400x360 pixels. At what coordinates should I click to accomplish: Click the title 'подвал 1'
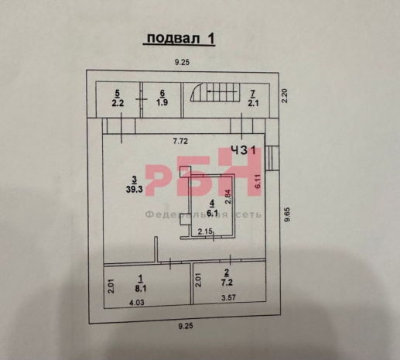point(179,39)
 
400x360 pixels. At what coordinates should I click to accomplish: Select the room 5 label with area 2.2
point(118,98)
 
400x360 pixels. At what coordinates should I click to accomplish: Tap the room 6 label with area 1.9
point(162,98)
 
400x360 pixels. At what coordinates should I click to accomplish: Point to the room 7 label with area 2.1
point(253,98)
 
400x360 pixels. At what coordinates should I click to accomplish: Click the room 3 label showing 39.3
point(134,184)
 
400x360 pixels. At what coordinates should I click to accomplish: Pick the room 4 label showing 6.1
point(212,208)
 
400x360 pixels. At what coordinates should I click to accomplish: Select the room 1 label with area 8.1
point(141,283)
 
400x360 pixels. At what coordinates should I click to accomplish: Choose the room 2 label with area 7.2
point(227,277)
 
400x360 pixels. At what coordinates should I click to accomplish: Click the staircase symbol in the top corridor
point(215,92)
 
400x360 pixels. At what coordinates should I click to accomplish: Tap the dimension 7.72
point(180,141)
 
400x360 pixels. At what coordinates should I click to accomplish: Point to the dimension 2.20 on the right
point(285,96)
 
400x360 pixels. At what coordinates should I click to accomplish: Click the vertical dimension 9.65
point(287,214)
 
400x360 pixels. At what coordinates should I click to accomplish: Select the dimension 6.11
point(258,181)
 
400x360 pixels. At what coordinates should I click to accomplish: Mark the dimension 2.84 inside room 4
point(228,197)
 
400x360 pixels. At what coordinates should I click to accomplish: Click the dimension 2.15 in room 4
point(205,231)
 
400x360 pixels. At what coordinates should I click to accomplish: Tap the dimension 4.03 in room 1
point(137,302)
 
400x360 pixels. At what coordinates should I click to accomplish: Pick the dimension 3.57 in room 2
point(229,297)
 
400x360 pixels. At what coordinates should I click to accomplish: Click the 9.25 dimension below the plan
point(186,326)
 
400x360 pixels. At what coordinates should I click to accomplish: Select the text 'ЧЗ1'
point(244,150)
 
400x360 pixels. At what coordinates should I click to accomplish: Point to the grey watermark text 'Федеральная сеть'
point(203,214)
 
